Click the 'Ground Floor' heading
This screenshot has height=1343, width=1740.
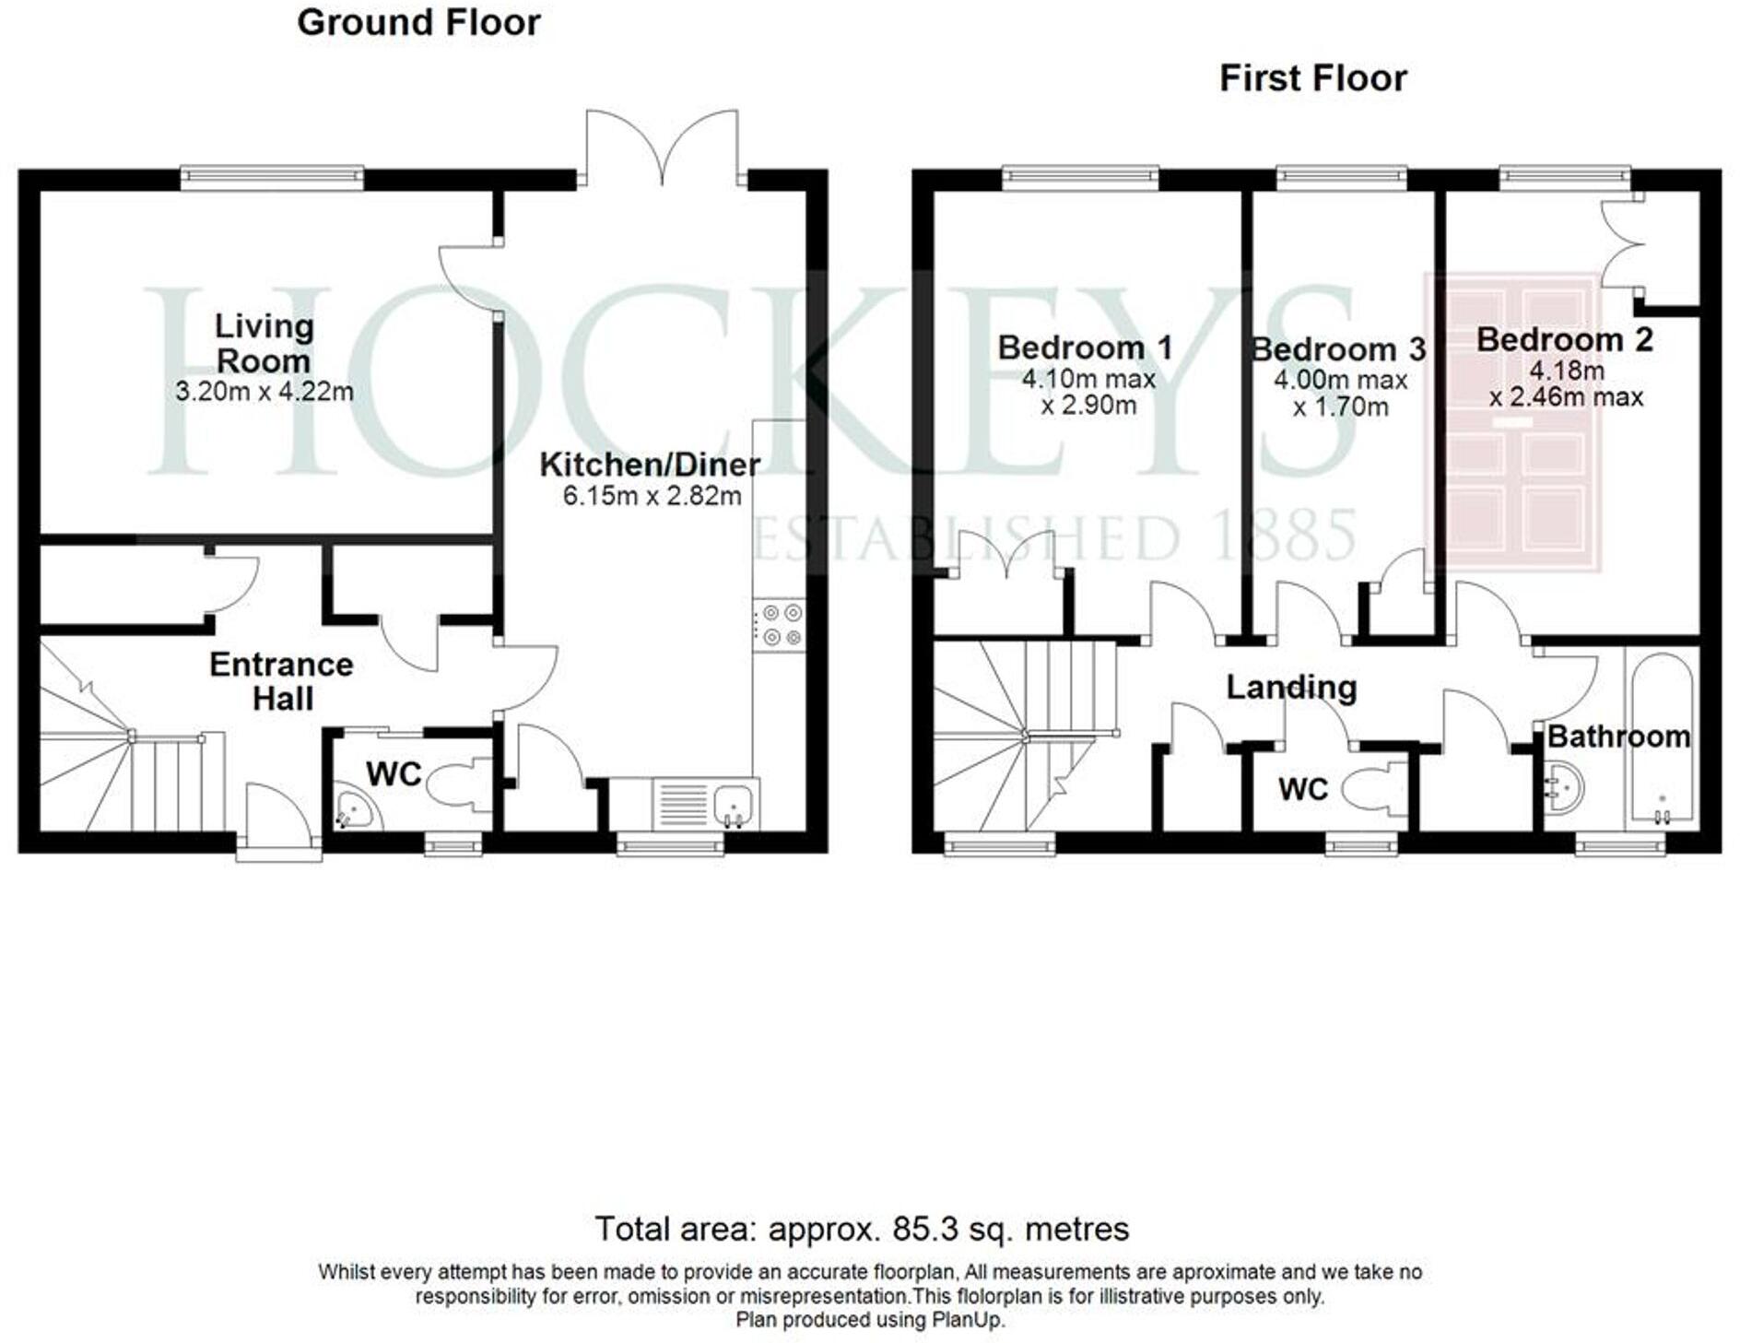click(418, 23)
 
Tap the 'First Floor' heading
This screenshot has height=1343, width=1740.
click(1312, 78)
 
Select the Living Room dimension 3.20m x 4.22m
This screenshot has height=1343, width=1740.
click(265, 392)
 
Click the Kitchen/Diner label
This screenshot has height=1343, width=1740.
click(650, 465)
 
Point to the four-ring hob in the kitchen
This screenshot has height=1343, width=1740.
click(780, 625)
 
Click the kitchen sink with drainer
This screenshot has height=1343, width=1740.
click(706, 804)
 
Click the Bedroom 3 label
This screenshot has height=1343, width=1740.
click(1338, 349)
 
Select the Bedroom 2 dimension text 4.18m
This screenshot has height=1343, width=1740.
click(1567, 371)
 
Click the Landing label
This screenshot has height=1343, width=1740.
click(1291, 688)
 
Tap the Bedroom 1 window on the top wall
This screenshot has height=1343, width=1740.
click(1080, 177)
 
